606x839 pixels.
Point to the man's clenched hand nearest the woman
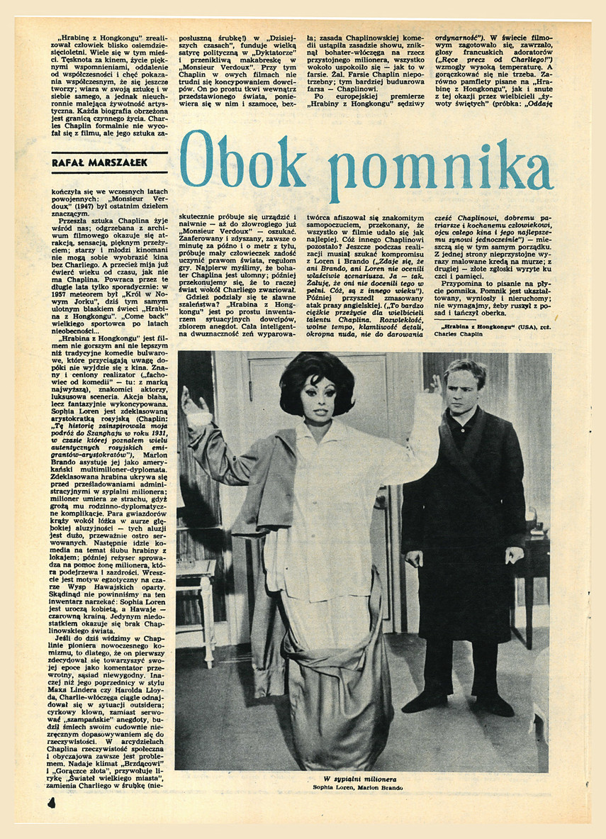pos(413,558)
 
